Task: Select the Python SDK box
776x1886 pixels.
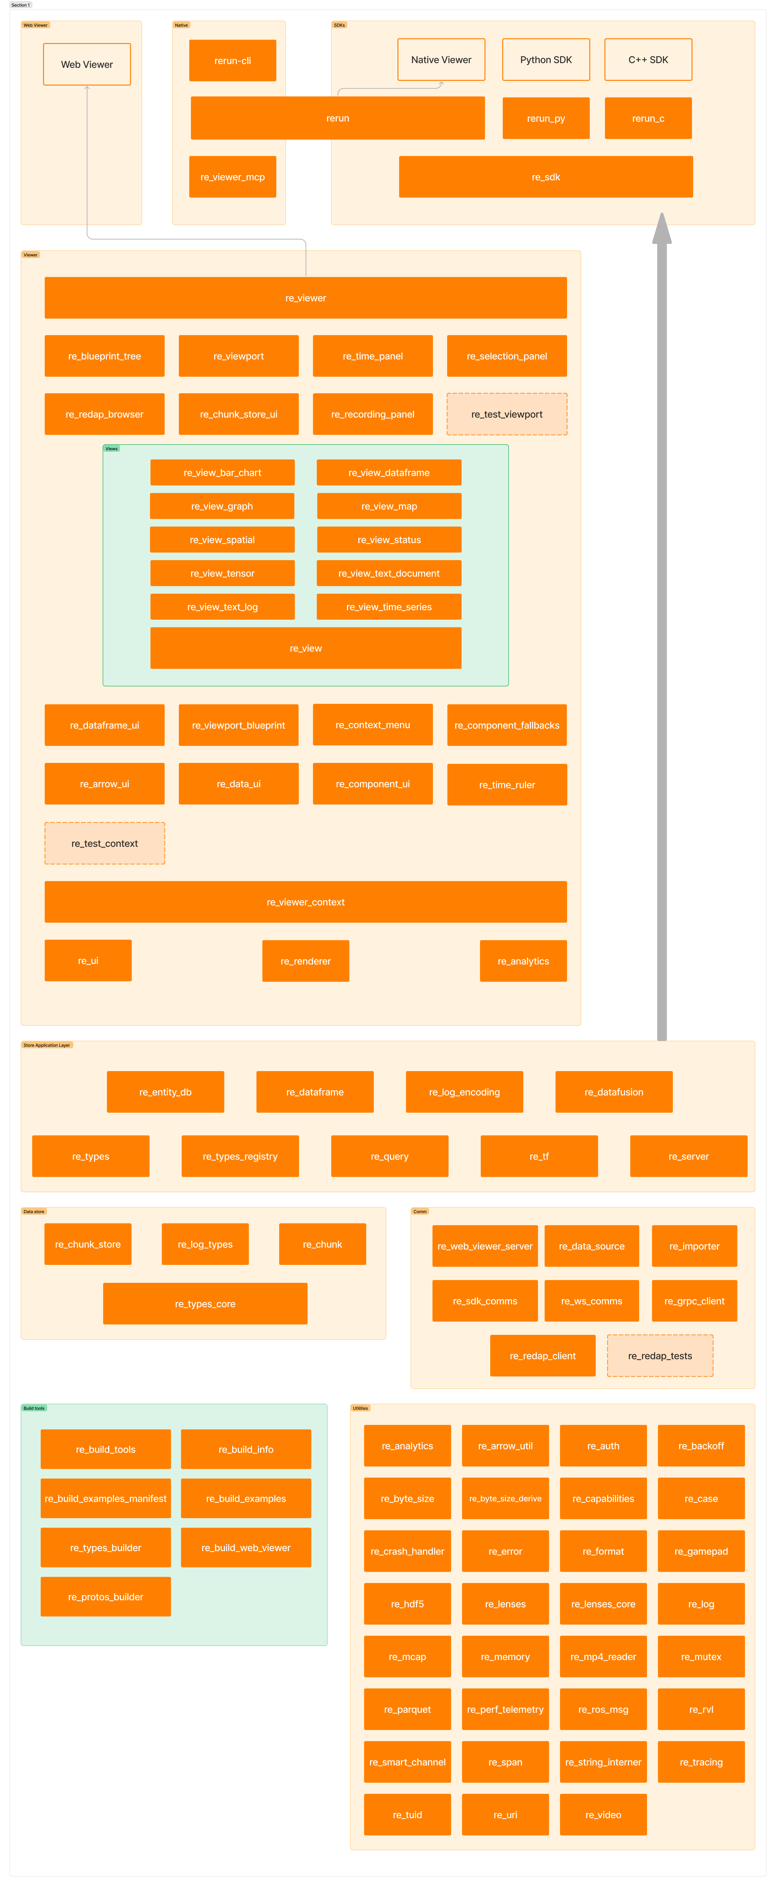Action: (546, 59)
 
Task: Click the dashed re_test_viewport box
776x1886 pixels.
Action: (507, 414)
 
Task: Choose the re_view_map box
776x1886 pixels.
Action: (389, 506)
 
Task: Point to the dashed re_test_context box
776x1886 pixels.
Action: (105, 844)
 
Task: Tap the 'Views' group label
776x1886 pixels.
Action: (111, 449)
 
